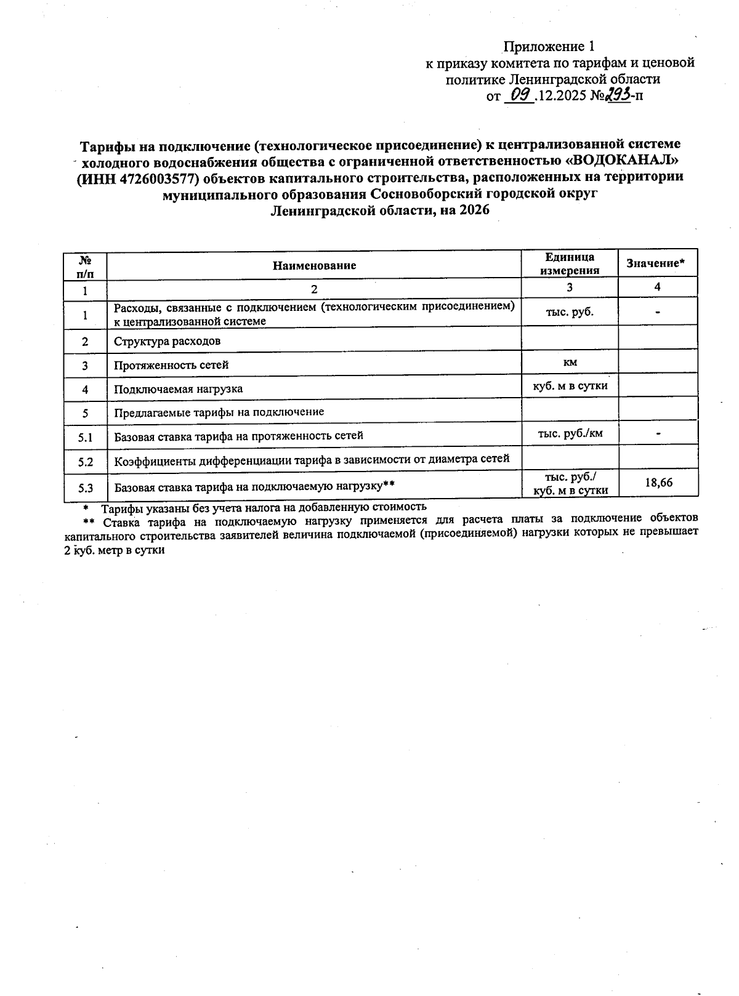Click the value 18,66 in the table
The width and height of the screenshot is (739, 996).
coord(658,483)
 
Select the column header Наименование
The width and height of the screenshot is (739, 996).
coord(315,266)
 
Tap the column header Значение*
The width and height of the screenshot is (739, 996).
coord(656,263)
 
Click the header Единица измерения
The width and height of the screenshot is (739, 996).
coord(570,264)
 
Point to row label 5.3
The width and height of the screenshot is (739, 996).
coord(86,489)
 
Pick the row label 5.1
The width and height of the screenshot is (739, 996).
coord(86,438)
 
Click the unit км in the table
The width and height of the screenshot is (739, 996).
coord(570,363)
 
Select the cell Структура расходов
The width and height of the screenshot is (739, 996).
coord(167,341)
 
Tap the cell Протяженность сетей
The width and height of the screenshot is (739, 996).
coord(171,365)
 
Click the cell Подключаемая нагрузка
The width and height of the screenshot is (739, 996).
coord(178,389)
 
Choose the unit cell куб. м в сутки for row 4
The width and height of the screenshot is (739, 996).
coord(570,386)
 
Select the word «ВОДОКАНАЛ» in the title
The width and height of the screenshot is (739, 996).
coord(621,161)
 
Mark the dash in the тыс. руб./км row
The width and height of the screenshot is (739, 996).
coord(658,434)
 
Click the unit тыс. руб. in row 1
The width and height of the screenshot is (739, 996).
coord(570,312)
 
